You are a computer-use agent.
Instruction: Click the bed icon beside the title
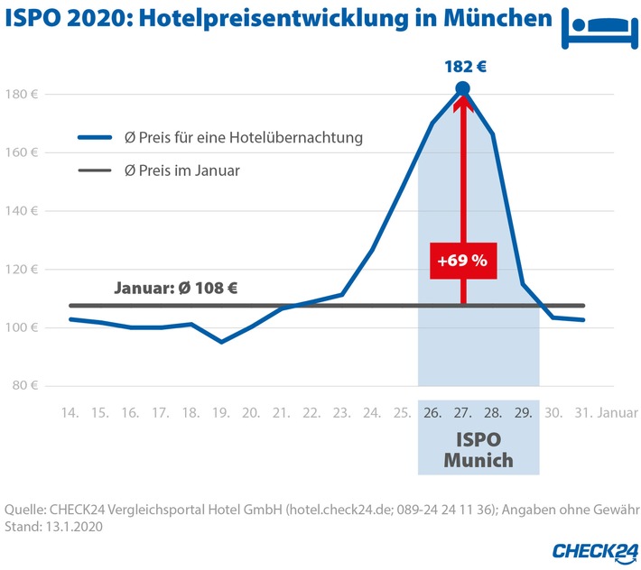coord(598,28)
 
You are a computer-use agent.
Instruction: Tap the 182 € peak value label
coord(462,66)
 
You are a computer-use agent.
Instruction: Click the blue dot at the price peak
coord(462,88)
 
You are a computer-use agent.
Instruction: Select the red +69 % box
coord(462,261)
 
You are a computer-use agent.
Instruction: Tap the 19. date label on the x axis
coord(221,413)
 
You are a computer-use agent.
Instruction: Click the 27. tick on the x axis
coord(463,413)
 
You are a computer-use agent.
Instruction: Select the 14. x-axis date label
coord(70,413)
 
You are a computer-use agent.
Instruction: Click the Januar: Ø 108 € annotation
coord(176,289)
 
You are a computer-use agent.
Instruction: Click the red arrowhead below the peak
coord(462,105)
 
